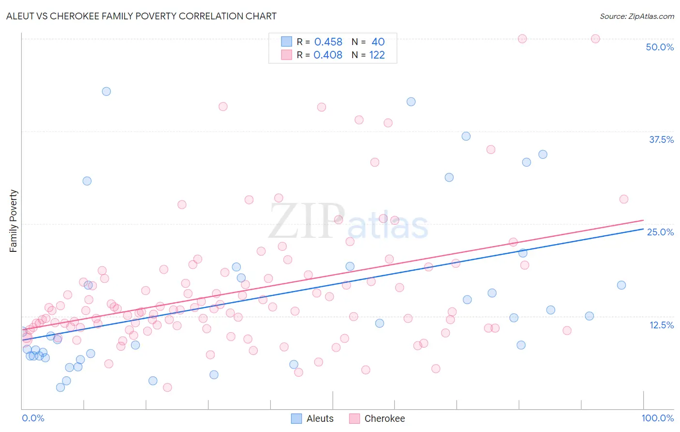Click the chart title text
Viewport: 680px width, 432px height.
[x=141, y=16]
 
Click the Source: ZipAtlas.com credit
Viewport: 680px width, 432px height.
[x=636, y=16]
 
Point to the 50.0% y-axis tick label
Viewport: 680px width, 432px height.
[x=660, y=47]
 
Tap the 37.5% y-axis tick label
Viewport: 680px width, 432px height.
[x=661, y=139]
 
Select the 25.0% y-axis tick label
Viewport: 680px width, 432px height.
[x=660, y=232]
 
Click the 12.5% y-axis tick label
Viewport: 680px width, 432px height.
[x=661, y=325]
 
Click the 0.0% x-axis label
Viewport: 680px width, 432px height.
[x=33, y=418]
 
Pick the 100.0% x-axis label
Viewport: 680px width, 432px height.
[x=657, y=418]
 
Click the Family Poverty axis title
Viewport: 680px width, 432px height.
[x=13, y=221]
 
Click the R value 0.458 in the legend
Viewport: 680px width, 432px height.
[x=328, y=42]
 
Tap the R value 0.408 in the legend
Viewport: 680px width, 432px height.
[x=328, y=55]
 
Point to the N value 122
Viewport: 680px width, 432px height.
[x=377, y=55]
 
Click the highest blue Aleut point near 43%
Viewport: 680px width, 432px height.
[x=106, y=92]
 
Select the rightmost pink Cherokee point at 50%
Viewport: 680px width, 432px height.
[x=595, y=39]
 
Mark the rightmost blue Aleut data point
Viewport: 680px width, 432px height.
[x=621, y=285]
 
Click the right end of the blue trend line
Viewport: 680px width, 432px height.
[x=643, y=229]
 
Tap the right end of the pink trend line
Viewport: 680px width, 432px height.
[x=643, y=220]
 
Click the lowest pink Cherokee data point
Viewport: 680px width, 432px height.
[x=167, y=387]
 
